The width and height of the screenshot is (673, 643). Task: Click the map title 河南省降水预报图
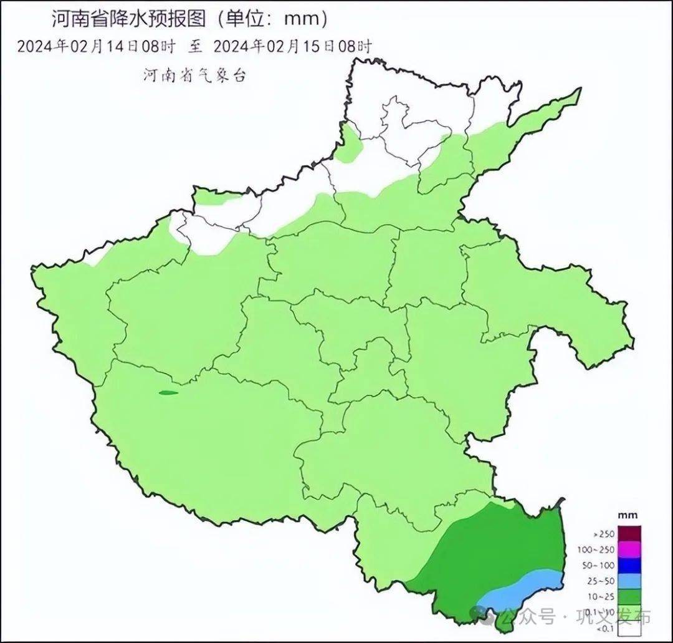click(128, 19)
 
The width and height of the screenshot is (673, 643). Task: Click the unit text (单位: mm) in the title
click(272, 19)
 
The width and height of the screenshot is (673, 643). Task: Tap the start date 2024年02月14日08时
click(97, 46)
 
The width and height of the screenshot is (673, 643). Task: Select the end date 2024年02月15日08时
click(292, 46)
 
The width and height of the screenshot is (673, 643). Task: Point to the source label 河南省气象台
click(195, 75)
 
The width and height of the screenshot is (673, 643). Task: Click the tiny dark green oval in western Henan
click(168, 392)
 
